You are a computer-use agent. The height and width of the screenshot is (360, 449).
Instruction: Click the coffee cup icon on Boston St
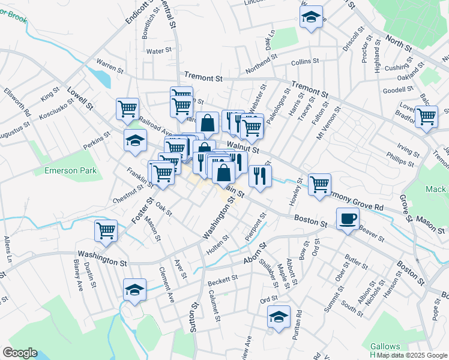click(x=348, y=218)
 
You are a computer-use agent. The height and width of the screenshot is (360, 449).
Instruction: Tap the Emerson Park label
click(x=71, y=171)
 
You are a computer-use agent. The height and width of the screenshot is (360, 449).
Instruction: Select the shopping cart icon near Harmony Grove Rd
click(x=319, y=184)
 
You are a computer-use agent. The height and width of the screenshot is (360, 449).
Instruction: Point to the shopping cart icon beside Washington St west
click(x=106, y=230)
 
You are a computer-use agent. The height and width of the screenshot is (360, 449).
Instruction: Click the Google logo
click(x=20, y=353)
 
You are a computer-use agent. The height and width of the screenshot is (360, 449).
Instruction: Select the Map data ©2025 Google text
click(x=412, y=355)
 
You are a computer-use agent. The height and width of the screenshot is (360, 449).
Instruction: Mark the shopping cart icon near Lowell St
click(x=127, y=109)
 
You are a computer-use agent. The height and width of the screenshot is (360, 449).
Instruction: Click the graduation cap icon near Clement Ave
click(x=134, y=290)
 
